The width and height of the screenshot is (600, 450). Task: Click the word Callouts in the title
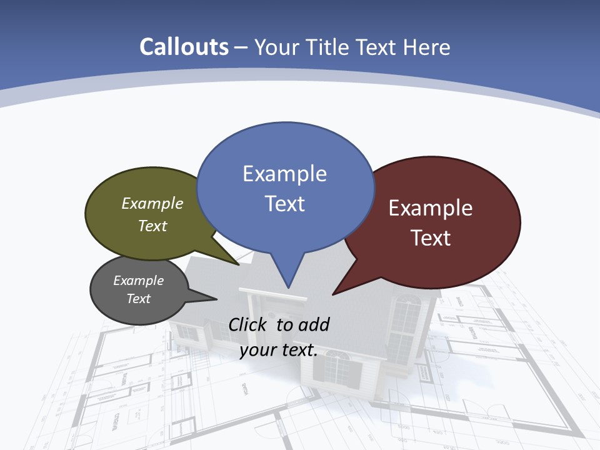pos(184,47)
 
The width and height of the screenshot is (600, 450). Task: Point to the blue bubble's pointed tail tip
pos(288,287)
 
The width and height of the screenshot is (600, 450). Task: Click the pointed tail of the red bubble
pos(334,293)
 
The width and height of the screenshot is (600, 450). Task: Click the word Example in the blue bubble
pos(284,174)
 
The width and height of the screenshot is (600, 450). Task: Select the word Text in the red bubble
pos(431,238)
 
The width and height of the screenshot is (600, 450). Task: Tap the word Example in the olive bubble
pos(152,204)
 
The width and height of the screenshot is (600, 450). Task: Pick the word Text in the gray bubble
pos(139,299)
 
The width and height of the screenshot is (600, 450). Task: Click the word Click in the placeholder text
pos(249,324)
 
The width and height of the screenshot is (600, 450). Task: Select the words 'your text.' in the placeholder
pos(279,350)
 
